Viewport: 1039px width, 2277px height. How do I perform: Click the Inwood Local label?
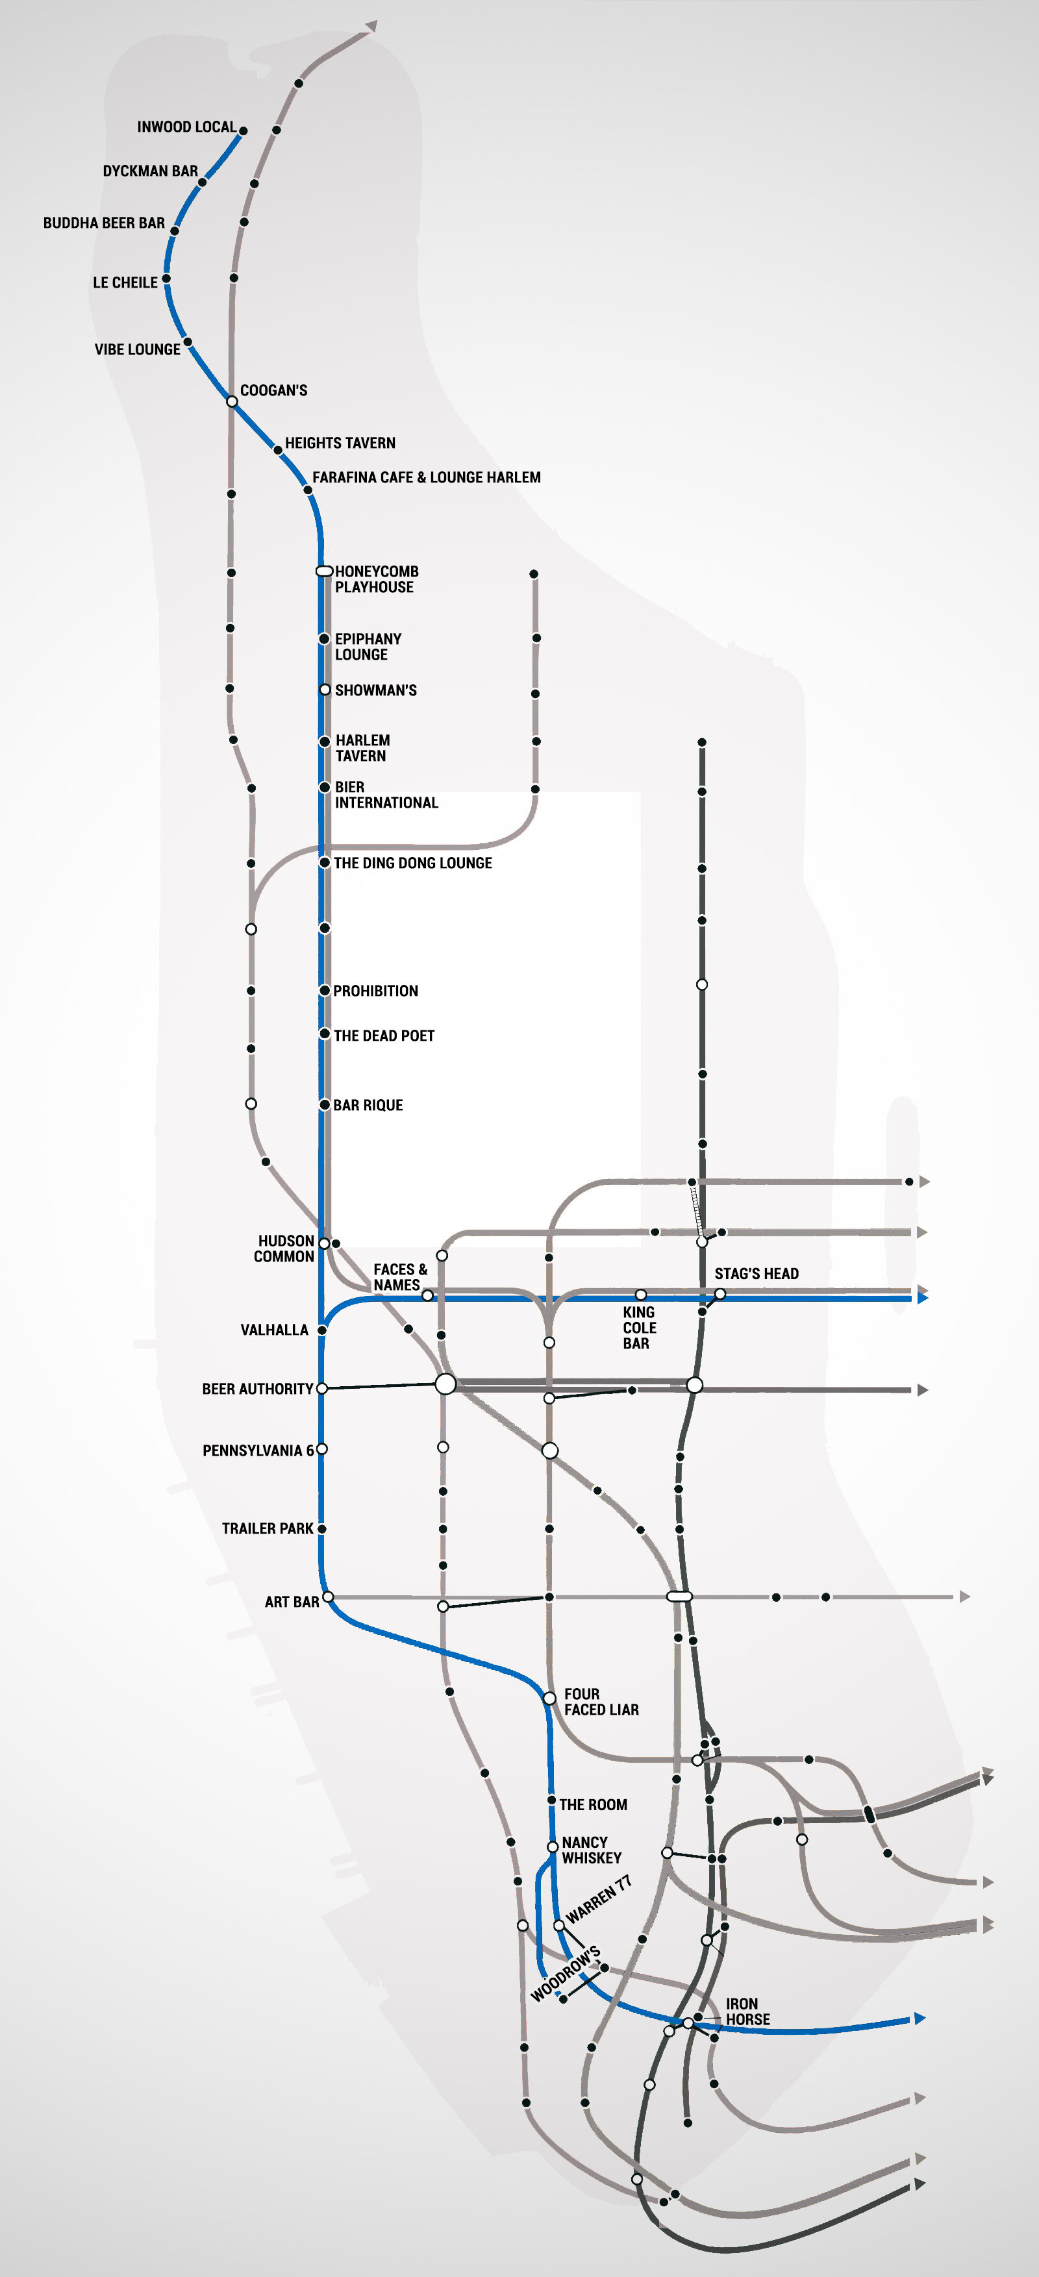coord(186,127)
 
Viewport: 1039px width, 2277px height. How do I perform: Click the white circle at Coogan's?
coord(232,401)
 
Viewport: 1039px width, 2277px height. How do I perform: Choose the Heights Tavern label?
coord(340,443)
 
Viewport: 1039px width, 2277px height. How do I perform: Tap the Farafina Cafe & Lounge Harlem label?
coord(426,477)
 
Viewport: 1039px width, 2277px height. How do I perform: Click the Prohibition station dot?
coord(325,991)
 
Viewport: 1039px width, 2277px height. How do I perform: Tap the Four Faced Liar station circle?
coord(549,1698)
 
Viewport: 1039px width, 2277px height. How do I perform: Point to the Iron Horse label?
coord(747,2011)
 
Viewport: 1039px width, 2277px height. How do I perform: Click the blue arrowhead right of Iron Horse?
coord(920,2018)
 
